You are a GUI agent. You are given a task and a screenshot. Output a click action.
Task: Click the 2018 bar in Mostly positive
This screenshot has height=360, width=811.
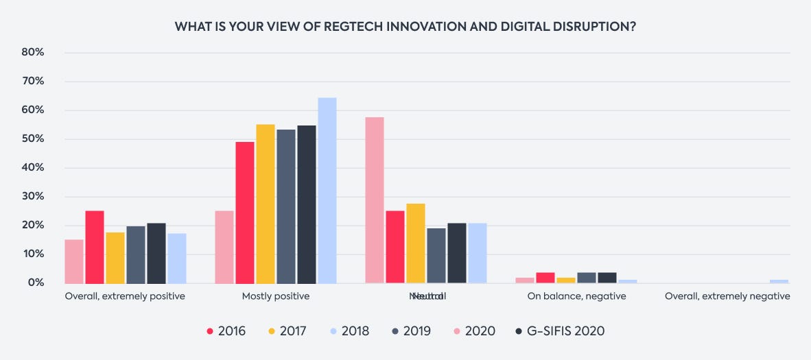click(x=327, y=191)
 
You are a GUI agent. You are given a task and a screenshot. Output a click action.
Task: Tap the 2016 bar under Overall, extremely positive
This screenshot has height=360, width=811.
click(x=95, y=247)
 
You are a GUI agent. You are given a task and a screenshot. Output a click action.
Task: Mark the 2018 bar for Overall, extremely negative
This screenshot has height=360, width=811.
click(x=779, y=281)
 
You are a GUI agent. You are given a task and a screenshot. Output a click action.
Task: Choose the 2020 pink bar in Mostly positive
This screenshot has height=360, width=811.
click(x=224, y=247)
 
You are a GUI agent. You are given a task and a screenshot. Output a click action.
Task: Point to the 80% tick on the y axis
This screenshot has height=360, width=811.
click(x=34, y=52)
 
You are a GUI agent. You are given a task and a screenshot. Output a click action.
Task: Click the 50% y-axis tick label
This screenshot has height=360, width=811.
click(x=34, y=139)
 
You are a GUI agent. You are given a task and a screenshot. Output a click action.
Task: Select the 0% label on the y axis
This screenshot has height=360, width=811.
click(x=36, y=283)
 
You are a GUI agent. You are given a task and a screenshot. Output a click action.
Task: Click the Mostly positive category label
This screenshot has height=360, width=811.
click(x=276, y=297)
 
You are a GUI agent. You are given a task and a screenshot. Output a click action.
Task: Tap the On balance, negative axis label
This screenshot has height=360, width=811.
click(x=576, y=297)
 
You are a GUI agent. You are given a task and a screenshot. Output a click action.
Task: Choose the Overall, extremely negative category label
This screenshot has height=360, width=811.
click(x=727, y=297)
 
